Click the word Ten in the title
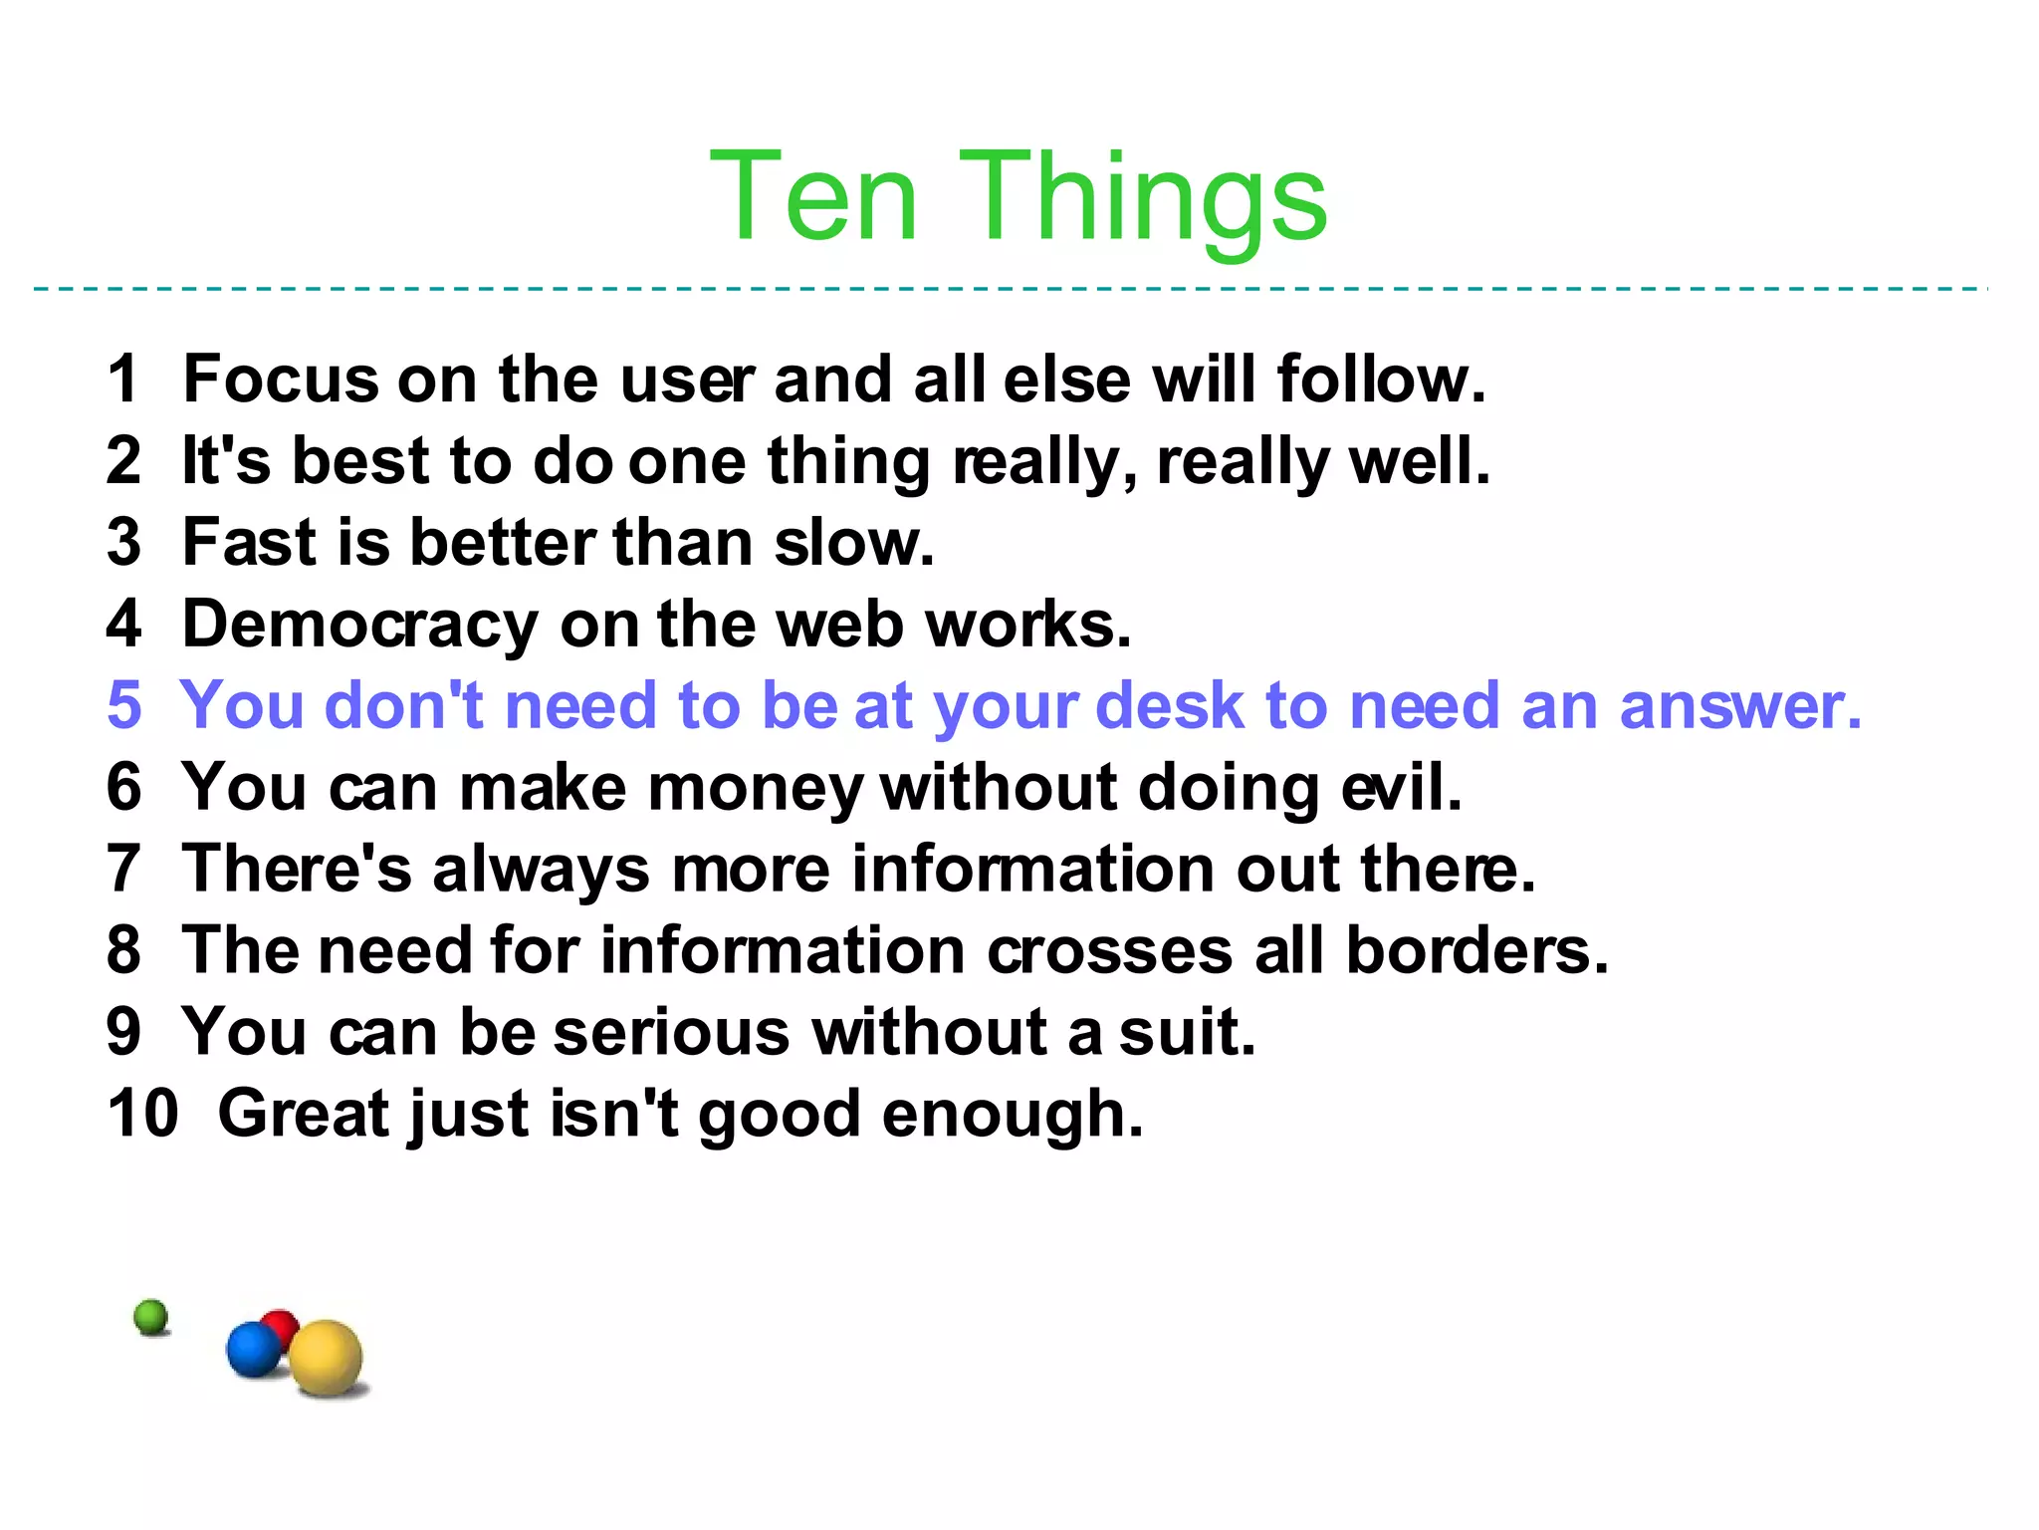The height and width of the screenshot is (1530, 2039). [x=812, y=196]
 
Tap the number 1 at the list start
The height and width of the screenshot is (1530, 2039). [x=123, y=380]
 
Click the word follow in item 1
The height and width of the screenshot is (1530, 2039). [x=1380, y=380]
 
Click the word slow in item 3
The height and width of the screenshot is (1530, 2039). [x=853, y=543]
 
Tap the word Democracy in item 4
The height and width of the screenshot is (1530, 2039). [x=360, y=626]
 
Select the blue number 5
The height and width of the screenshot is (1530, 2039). [x=124, y=705]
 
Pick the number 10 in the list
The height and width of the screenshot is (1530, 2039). [x=142, y=1114]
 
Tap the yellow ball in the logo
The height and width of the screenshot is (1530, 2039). [x=326, y=1357]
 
